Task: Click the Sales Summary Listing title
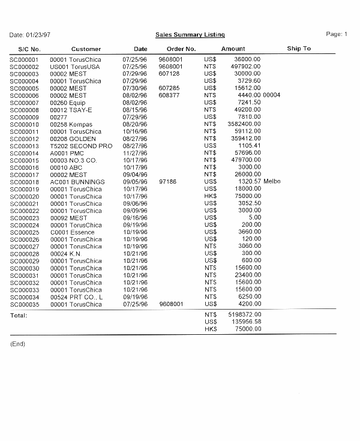pyautogui.click(x=190, y=35)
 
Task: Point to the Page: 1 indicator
pyautogui.click(x=337, y=34)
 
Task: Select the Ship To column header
pyautogui.click(x=299, y=49)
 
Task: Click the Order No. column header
pyautogui.click(x=181, y=49)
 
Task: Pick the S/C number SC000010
pyautogui.click(x=25, y=124)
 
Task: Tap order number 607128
pyautogui.click(x=169, y=74)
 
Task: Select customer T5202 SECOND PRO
pyautogui.click(x=81, y=146)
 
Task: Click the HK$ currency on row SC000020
pyautogui.click(x=210, y=196)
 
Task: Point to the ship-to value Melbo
pyautogui.click(x=272, y=182)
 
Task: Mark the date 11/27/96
pyautogui.click(x=135, y=153)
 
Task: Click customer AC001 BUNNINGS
pyautogui.click(x=77, y=182)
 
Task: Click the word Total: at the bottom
pyautogui.click(x=19, y=315)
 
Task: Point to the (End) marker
pyautogui.click(x=18, y=344)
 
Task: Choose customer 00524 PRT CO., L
pyautogui.click(x=76, y=297)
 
